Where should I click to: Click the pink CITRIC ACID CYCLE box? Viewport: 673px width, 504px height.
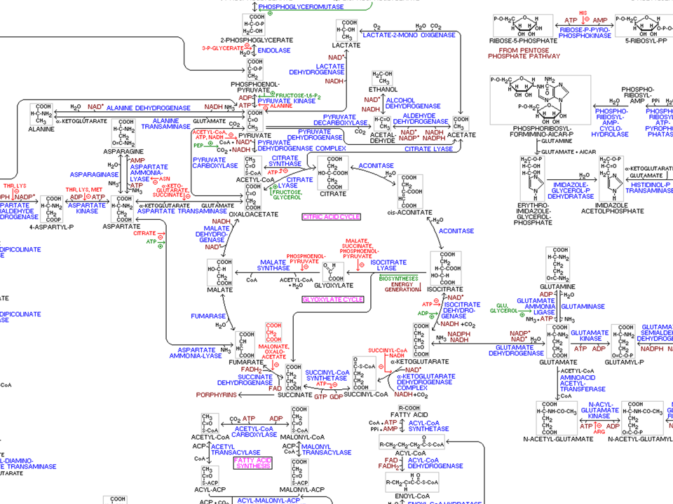[331, 217]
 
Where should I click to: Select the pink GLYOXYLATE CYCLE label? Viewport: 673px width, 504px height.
[333, 299]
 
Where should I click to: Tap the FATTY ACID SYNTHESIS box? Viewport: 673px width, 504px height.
[252, 463]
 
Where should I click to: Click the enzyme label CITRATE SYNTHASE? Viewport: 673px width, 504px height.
[286, 161]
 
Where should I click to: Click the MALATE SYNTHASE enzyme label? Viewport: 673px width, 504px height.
[273, 265]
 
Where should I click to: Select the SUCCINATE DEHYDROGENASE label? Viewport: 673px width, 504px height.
[245, 380]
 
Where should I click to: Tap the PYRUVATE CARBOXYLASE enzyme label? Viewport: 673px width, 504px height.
[215, 162]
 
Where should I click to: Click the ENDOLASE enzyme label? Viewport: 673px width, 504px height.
[274, 50]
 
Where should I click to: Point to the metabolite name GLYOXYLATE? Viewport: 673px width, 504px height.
[332, 286]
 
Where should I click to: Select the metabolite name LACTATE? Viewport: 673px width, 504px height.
[346, 45]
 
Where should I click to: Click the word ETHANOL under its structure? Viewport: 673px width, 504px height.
[384, 90]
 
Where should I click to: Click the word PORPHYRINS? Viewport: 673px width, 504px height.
[217, 395]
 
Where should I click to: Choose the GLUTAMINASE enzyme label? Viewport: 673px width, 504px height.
[583, 307]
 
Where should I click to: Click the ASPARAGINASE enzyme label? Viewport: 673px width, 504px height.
[95, 174]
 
